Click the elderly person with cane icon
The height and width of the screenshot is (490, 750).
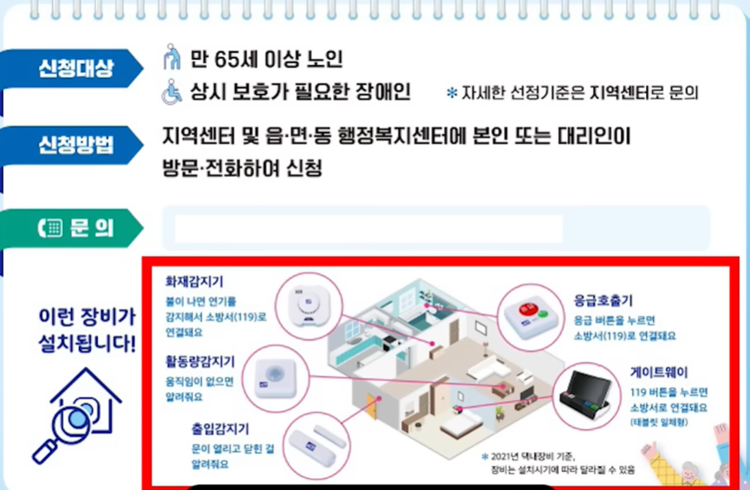[172, 59]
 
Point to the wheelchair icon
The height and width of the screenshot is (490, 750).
[172, 91]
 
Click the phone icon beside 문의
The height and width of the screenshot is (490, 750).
[49, 228]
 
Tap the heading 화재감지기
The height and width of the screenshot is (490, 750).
[195, 281]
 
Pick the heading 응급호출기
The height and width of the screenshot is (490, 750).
[603, 300]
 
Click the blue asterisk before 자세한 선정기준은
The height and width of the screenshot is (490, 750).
[451, 93]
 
